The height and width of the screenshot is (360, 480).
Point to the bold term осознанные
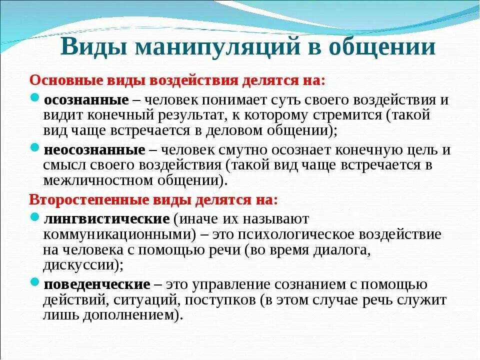pos(86,99)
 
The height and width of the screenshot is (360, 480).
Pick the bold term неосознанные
pos(94,150)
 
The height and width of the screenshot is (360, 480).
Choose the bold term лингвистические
pos(106,218)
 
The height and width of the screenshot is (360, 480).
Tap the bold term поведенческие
pos(97,284)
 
